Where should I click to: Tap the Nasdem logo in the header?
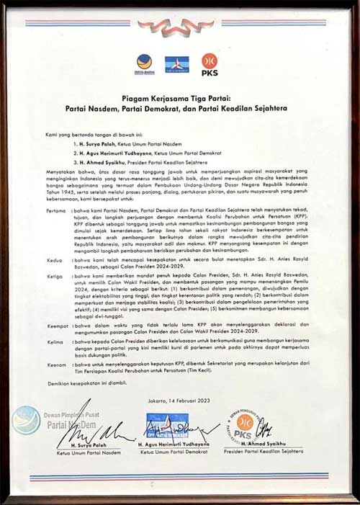[x=145, y=63]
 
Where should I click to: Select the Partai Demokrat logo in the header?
[x=177, y=63]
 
